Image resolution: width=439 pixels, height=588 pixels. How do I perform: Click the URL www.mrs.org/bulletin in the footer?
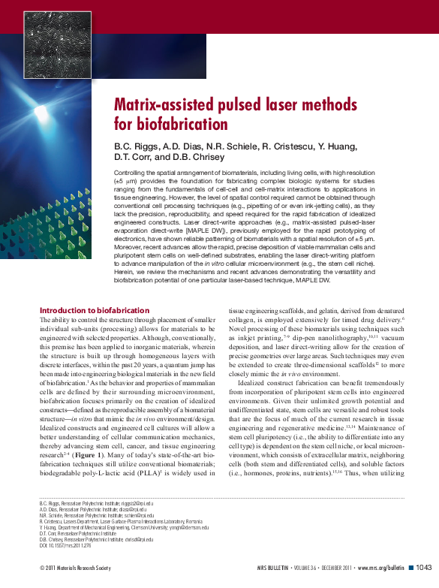pos(380,568)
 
